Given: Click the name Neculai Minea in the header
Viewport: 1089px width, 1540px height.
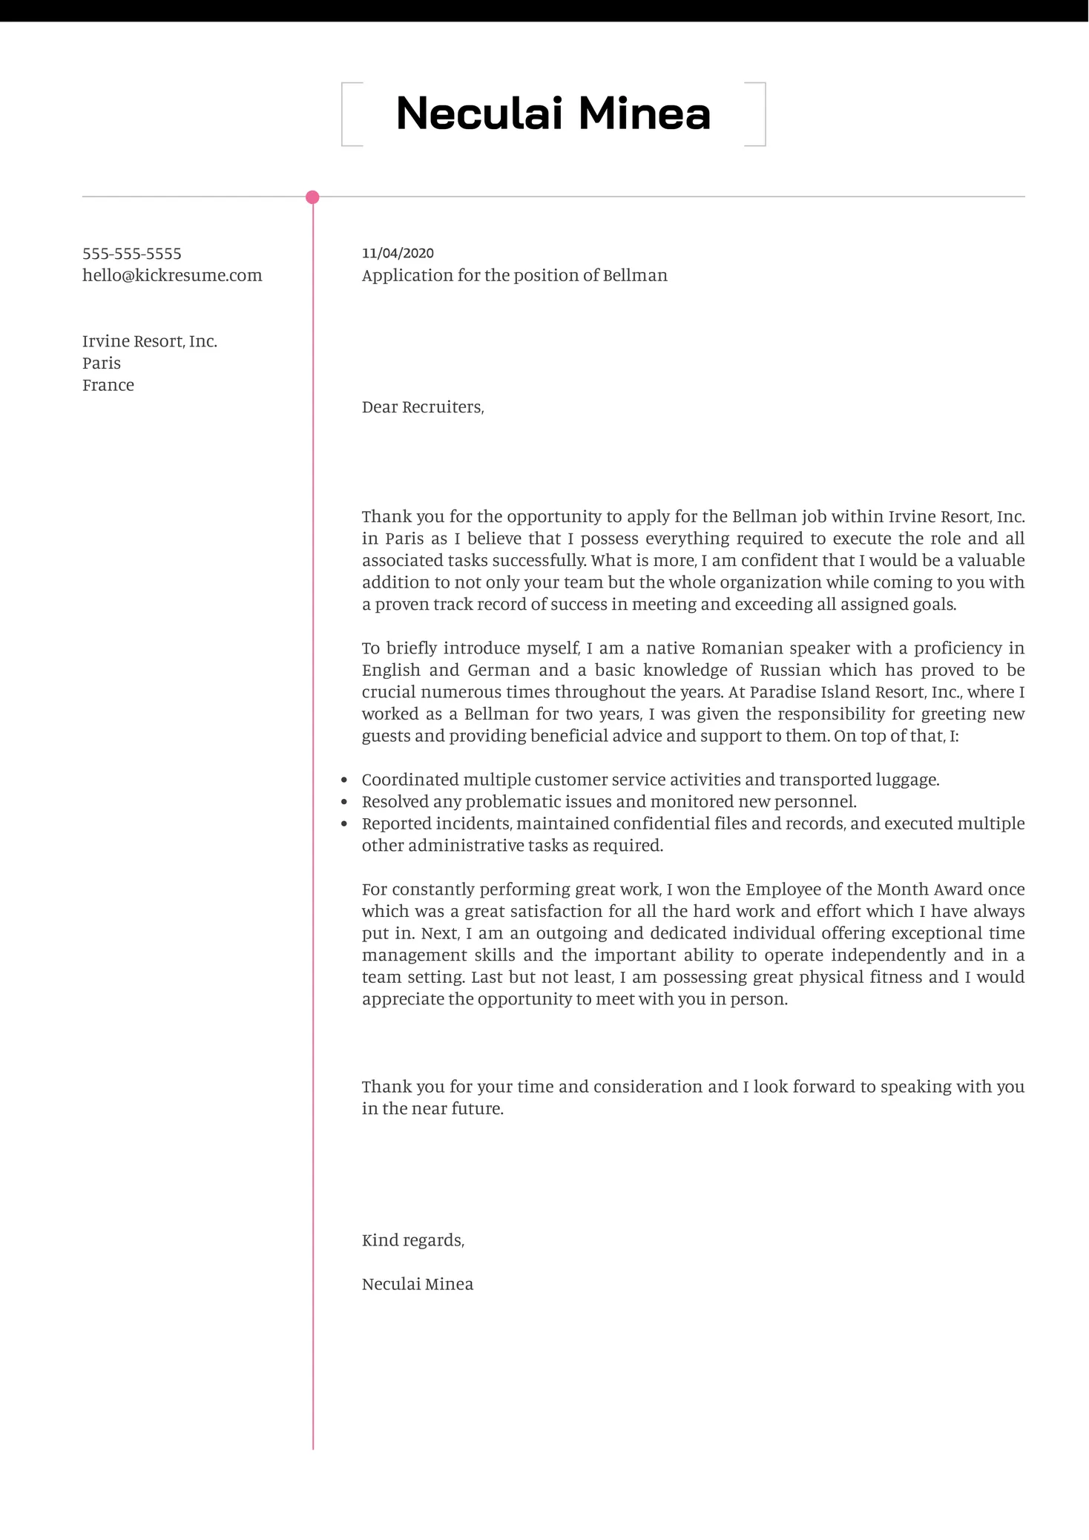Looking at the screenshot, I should (553, 113).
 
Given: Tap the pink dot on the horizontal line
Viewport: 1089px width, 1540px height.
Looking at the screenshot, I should (312, 197).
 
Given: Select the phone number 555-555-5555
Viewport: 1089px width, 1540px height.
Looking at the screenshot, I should (132, 254).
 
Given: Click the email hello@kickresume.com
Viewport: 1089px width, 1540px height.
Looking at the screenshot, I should (172, 275).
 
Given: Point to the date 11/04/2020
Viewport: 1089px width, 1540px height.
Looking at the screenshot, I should (398, 253).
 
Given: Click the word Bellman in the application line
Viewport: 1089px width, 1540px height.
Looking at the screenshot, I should (635, 275).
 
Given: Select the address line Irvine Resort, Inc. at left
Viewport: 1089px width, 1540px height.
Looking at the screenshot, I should (149, 341).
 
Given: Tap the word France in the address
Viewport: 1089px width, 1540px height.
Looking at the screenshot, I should (108, 385).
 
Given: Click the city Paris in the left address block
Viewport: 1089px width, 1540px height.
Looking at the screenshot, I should (102, 363).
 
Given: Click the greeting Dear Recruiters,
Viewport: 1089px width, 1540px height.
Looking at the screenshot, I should (423, 407).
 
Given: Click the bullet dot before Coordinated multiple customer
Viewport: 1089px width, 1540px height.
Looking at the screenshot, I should (344, 780).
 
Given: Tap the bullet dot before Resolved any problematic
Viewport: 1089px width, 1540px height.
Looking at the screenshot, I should (344, 802).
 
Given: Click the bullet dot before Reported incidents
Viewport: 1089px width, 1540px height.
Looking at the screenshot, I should (344, 824).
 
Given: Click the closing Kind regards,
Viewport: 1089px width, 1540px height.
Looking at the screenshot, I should (413, 1240).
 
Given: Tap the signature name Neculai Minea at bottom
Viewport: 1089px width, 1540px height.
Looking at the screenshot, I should (418, 1284).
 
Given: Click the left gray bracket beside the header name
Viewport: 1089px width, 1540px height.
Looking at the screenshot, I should (343, 114).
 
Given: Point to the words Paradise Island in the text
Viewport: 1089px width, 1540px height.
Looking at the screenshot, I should (801, 692).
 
